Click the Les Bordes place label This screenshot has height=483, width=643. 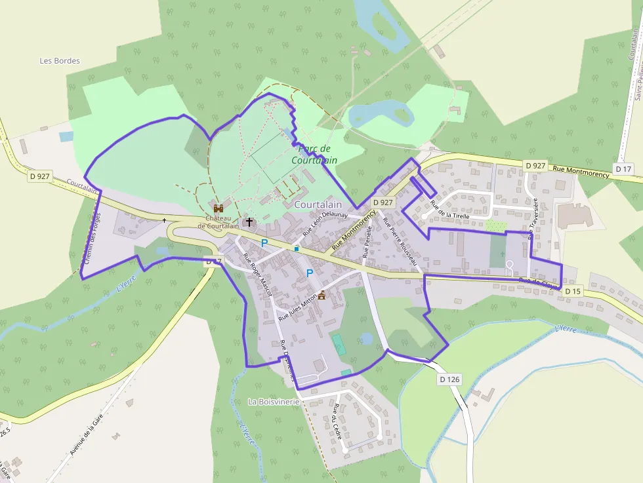coord(60,61)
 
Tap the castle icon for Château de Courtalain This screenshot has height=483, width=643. coord(218,208)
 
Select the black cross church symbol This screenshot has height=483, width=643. coord(249,222)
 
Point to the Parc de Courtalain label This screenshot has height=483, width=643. coord(314,154)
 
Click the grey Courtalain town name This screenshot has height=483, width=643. coord(318,205)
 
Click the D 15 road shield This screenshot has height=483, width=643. coord(572,291)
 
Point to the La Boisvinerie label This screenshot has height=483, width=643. coord(274,401)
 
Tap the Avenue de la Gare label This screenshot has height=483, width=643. coord(87,435)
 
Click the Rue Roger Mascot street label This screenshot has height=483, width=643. coord(257,276)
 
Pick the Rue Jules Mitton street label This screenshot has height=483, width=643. coord(299,306)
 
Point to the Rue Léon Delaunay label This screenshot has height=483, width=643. coord(324,223)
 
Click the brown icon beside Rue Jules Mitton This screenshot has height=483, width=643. coord(322,295)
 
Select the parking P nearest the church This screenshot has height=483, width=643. coord(264,243)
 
